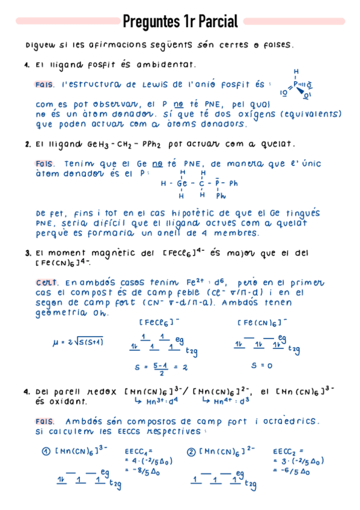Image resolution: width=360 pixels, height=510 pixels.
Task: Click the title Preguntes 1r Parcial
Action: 180,22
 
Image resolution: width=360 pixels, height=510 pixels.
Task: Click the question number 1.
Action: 28,64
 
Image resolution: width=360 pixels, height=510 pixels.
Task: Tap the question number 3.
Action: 28,253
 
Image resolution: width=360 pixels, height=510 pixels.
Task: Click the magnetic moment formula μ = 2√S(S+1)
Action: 79,342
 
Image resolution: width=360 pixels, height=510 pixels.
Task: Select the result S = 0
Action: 262,365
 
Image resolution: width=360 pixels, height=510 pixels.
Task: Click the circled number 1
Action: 45,451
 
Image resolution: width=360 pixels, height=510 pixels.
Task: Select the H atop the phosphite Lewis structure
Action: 296,72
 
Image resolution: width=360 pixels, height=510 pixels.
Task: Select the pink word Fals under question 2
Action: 45,162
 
